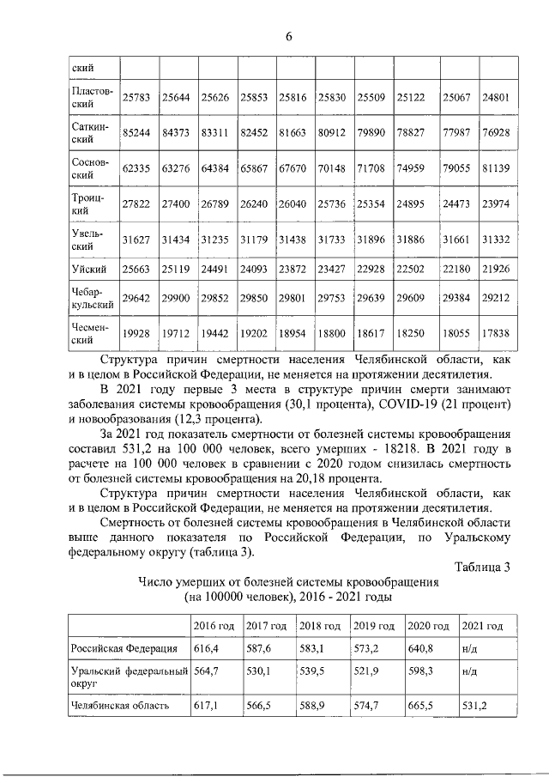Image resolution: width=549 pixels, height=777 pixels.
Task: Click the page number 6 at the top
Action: coord(289,36)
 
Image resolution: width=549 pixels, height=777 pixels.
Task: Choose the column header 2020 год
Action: coord(429,625)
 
